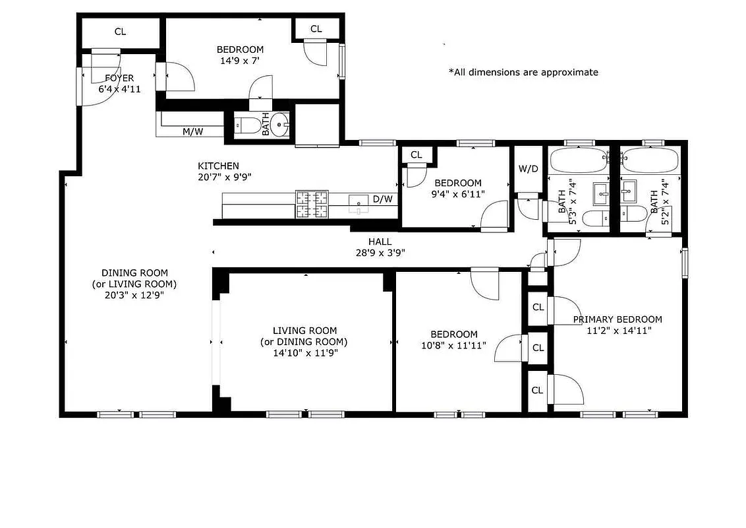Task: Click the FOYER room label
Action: tap(119, 78)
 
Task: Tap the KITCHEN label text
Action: tap(218, 166)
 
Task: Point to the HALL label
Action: tap(380, 242)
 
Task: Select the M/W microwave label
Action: tap(192, 131)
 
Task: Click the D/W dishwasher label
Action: tap(382, 199)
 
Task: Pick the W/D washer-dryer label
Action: tap(528, 168)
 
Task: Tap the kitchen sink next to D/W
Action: tap(359, 201)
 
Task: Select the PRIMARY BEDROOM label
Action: tap(617, 319)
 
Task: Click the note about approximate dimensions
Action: tap(523, 72)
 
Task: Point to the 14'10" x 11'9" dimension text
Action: tap(305, 353)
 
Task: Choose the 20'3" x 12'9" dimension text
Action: tap(134, 295)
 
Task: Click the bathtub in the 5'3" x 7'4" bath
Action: tap(581, 160)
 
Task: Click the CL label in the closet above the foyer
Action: tap(120, 32)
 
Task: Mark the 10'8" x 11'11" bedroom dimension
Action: tap(453, 345)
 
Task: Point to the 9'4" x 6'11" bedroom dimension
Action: tap(457, 194)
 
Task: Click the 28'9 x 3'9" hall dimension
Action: tap(380, 252)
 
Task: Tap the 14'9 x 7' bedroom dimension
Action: tap(240, 61)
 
